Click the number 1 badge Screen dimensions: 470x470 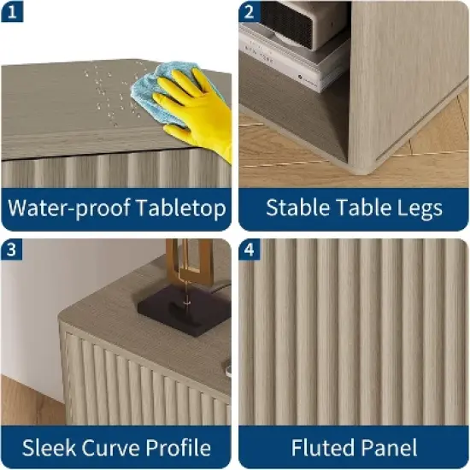pyautogui.click(x=12, y=12)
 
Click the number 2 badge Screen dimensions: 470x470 pyautogui.click(x=250, y=12)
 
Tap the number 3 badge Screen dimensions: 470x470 pyautogui.click(x=12, y=250)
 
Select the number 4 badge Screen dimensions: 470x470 pyautogui.click(x=250, y=250)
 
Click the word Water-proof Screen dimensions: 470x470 pyautogui.click(x=69, y=208)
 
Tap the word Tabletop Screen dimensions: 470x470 pyautogui.click(x=181, y=208)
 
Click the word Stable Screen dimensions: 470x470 pyautogui.click(x=298, y=208)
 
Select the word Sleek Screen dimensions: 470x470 pyautogui.click(x=49, y=448)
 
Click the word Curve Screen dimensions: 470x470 pyautogui.click(x=110, y=448)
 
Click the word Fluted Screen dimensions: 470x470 pyautogui.click(x=320, y=448)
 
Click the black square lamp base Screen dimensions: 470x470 pyautogui.click(x=184, y=310)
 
